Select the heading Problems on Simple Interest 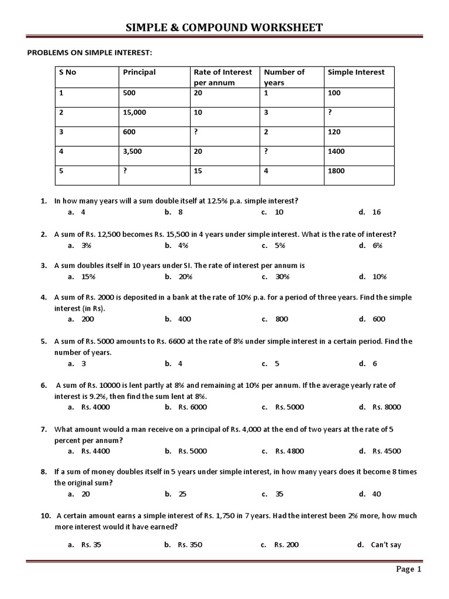(x=89, y=53)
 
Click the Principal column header (x=139, y=73)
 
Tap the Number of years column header (x=284, y=77)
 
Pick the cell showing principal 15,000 (x=134, y=112)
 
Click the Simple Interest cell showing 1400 (x=336, y=151)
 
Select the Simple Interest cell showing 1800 (x=336, y=171)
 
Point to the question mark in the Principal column (x=125, y=171)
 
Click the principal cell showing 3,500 (x=132, y=151)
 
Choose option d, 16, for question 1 (x=376, y=212)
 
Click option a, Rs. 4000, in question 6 (x=95, y=407)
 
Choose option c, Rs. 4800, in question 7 (x=290, y=451)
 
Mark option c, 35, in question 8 (x=279, y=494)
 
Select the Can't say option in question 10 (x=386, y=545)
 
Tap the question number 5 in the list (x=44, y=341)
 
